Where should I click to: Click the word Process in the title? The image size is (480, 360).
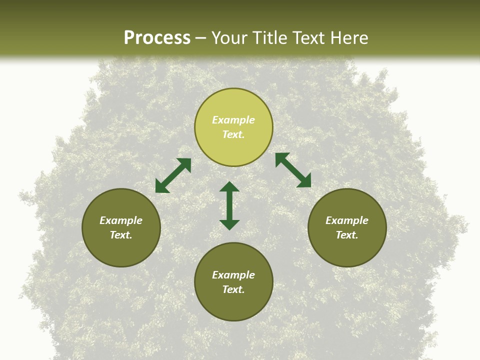[157, 38]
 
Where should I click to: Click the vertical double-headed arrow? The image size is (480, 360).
[229, 205]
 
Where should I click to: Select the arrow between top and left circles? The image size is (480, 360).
[173, 175]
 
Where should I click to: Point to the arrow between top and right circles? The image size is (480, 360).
[293, 170]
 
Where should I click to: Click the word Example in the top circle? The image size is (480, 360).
[233, 120]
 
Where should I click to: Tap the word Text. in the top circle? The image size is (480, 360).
[233, 134]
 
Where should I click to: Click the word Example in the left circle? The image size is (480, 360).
[121, 220]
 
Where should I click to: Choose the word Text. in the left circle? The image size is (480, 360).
[121, 235]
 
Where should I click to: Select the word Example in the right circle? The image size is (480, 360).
[347, 220]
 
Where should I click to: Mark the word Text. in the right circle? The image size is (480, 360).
[347, 235]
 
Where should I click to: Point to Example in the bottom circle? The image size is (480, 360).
[233, 275]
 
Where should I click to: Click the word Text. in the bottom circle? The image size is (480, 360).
[233, 289]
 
